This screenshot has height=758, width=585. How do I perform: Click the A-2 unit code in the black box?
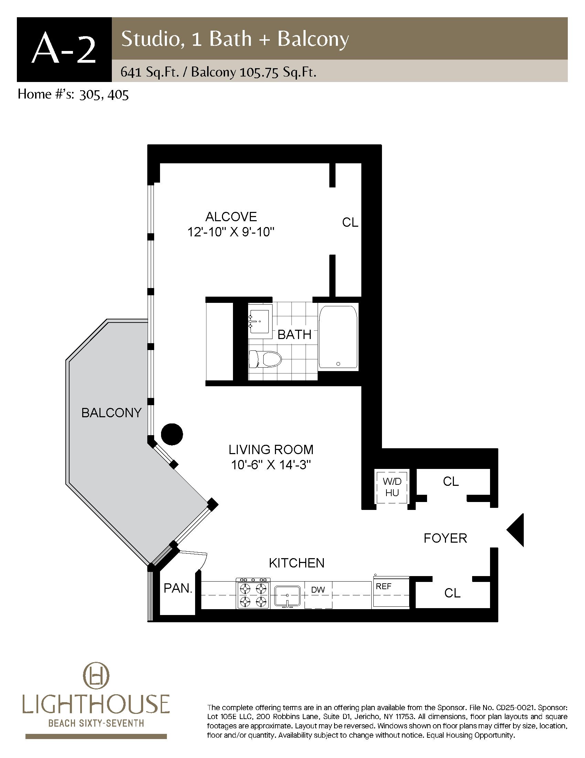pyautogui.click(x=64, y=50)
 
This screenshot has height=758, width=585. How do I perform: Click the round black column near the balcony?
pyautogui.click(x=172, y=434)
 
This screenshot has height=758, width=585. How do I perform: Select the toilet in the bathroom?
pyautogui.click(x=265, y=359)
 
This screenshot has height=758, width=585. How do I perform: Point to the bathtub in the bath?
pyautogui.click(x=338, y=337)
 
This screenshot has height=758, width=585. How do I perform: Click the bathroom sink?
pyautogui.click(x=259, y=321)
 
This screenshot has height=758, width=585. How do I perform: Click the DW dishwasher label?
pyautogui.click(x=318, y=590)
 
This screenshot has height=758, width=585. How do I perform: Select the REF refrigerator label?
pyautogui.click(x=384, y=586)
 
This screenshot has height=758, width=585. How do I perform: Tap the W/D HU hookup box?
pyautogui.click(x=392, y=487)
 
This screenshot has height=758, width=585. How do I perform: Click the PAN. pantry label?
pyautogui.click(x=178, y=588)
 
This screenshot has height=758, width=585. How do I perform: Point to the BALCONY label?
pyautogui.click(x=111, y=413)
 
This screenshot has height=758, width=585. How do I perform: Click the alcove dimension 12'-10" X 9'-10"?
pyautogui.click(x=231, y=232)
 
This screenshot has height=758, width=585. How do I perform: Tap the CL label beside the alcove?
pyautogui.click(x=350, y=223)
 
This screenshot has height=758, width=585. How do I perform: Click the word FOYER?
pyautogui.click(x=445, y=538)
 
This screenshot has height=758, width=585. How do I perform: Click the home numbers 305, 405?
pyautogui.click(x=104, y=95)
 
